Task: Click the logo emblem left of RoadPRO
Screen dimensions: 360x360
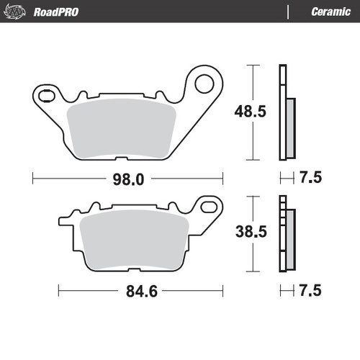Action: tap(18, 12)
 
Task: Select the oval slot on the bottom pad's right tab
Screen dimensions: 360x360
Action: tap(209, 208)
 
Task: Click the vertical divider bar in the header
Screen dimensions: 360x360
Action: tap(288, 12)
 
